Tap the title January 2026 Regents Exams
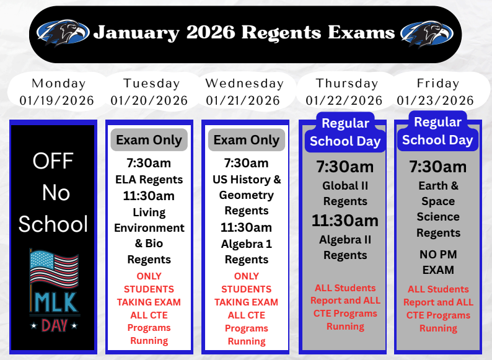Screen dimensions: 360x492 click(244, 32)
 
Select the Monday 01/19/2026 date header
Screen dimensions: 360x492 click(57, 92)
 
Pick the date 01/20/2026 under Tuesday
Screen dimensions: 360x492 click(149, 100)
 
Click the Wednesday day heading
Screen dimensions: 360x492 click(244, 83)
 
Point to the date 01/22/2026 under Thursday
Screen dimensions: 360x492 click(344, 100)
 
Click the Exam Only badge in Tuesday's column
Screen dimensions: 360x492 click(149, 140)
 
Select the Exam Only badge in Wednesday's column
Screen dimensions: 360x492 click(247, 140)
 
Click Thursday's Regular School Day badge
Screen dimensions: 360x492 click(345, 132)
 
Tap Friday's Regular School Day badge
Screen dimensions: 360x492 click(437, 131)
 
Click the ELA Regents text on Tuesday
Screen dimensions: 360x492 click(149, 180)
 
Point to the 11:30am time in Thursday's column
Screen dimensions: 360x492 click(345, 221)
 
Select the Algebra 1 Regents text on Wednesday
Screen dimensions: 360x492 click(247, 252)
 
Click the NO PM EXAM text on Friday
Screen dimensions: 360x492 click(438, 261)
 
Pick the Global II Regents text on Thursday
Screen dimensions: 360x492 click(345, 193)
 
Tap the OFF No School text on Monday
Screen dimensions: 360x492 click(53, 193)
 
